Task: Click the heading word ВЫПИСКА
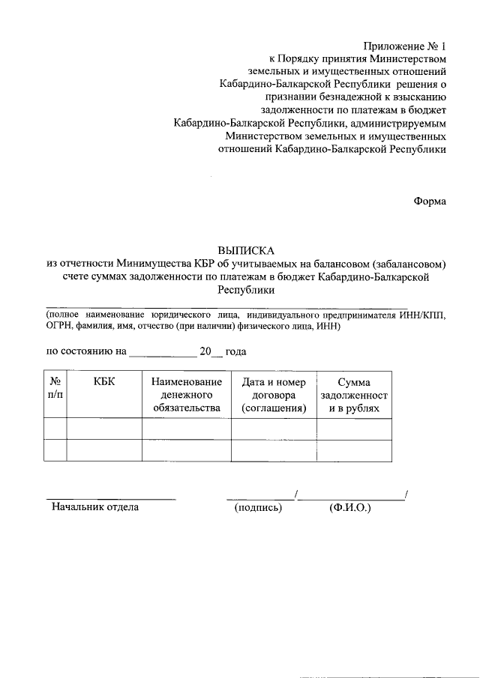tap(247, 250)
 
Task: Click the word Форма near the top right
tap(430, 201)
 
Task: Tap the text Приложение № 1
tap(406, 45)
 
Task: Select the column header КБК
tap(104, 382)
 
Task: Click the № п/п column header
tap(55, 388)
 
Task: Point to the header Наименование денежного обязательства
tap(186, 395)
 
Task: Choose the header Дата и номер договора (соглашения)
tap(274, 395)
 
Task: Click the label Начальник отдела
tap(94, 507)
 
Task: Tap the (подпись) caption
tap(258, 507)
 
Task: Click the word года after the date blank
tap(236, 351)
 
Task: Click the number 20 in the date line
tap(205, 351)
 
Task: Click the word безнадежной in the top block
tap(333, 97)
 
